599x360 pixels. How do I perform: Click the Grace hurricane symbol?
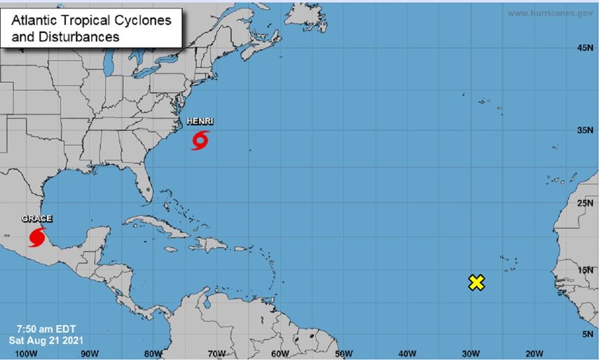pyautogui.click(x=37, y=237)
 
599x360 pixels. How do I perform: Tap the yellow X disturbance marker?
pyautogui.click(x=476, y=282)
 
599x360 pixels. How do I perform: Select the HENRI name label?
pyautogui.click(x=200, y=121)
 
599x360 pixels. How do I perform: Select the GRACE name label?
pyautogui.click(x=36, y=219)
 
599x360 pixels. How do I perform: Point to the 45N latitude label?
pyautogui.click(x=585, y=48)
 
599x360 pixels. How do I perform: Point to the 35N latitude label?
pyautogui.click(x=585, y=130)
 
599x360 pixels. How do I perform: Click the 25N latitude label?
pyautogui.click(x=585, y=203)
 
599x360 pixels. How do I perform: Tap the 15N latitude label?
pyautogui.click(x=585, y=270)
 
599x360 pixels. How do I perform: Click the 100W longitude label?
pyautogui.click(x=25, y=352)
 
